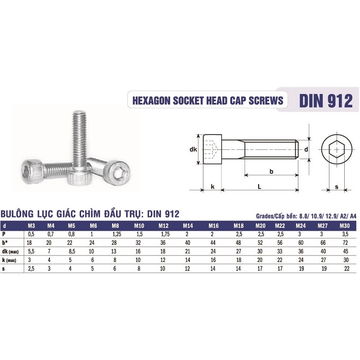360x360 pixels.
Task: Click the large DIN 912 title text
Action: coord(326,100)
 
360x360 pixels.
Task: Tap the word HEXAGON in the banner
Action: coord(152,100)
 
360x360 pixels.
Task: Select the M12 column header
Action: coord(163,226)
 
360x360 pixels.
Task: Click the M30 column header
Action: coord(344,226)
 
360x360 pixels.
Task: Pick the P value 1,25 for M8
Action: coord(117,234)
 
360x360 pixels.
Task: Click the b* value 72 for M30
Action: coord(345,243)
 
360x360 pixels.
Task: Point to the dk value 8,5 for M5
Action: coord(72,252)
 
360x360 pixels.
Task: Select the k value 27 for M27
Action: coord(323,260)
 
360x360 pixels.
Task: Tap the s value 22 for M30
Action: coord(346,268)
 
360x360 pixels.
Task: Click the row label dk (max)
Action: coord(10,252)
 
